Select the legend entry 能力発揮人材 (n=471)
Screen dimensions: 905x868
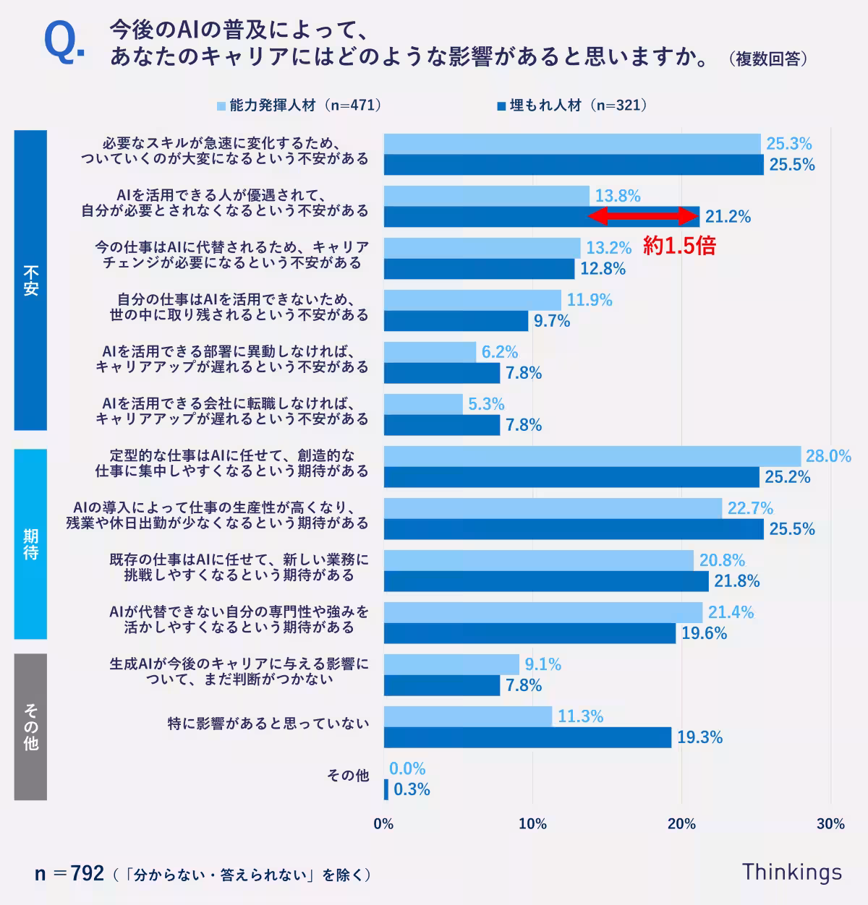point(299,106)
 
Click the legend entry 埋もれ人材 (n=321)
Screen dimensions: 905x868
point(571,106)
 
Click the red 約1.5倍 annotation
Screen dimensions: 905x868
point(679,246)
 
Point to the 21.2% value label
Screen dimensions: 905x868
point(728,217)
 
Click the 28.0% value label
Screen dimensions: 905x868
point(828,456)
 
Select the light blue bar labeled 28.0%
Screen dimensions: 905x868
point(592,456)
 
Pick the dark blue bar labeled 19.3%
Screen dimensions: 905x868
point(527,737)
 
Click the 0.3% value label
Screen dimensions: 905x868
point(412,789)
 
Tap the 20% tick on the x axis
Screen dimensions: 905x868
point(681,824)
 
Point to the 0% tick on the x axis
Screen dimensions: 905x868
point(383,824)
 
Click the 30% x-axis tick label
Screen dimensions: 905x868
point(830,824)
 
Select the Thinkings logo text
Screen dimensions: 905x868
point(791,872)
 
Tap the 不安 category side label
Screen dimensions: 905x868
point(30,280)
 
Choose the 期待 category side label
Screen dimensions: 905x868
point(30,544)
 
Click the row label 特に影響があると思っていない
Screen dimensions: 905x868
point(268,724)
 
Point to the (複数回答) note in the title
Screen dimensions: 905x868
point(767,59)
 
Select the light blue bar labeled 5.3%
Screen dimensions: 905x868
point(423,404)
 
